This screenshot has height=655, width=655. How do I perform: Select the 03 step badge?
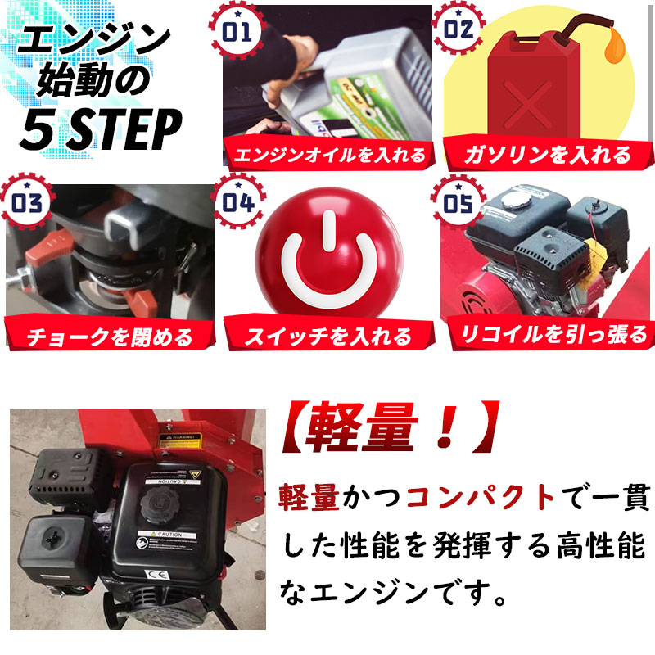click(26, 201)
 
